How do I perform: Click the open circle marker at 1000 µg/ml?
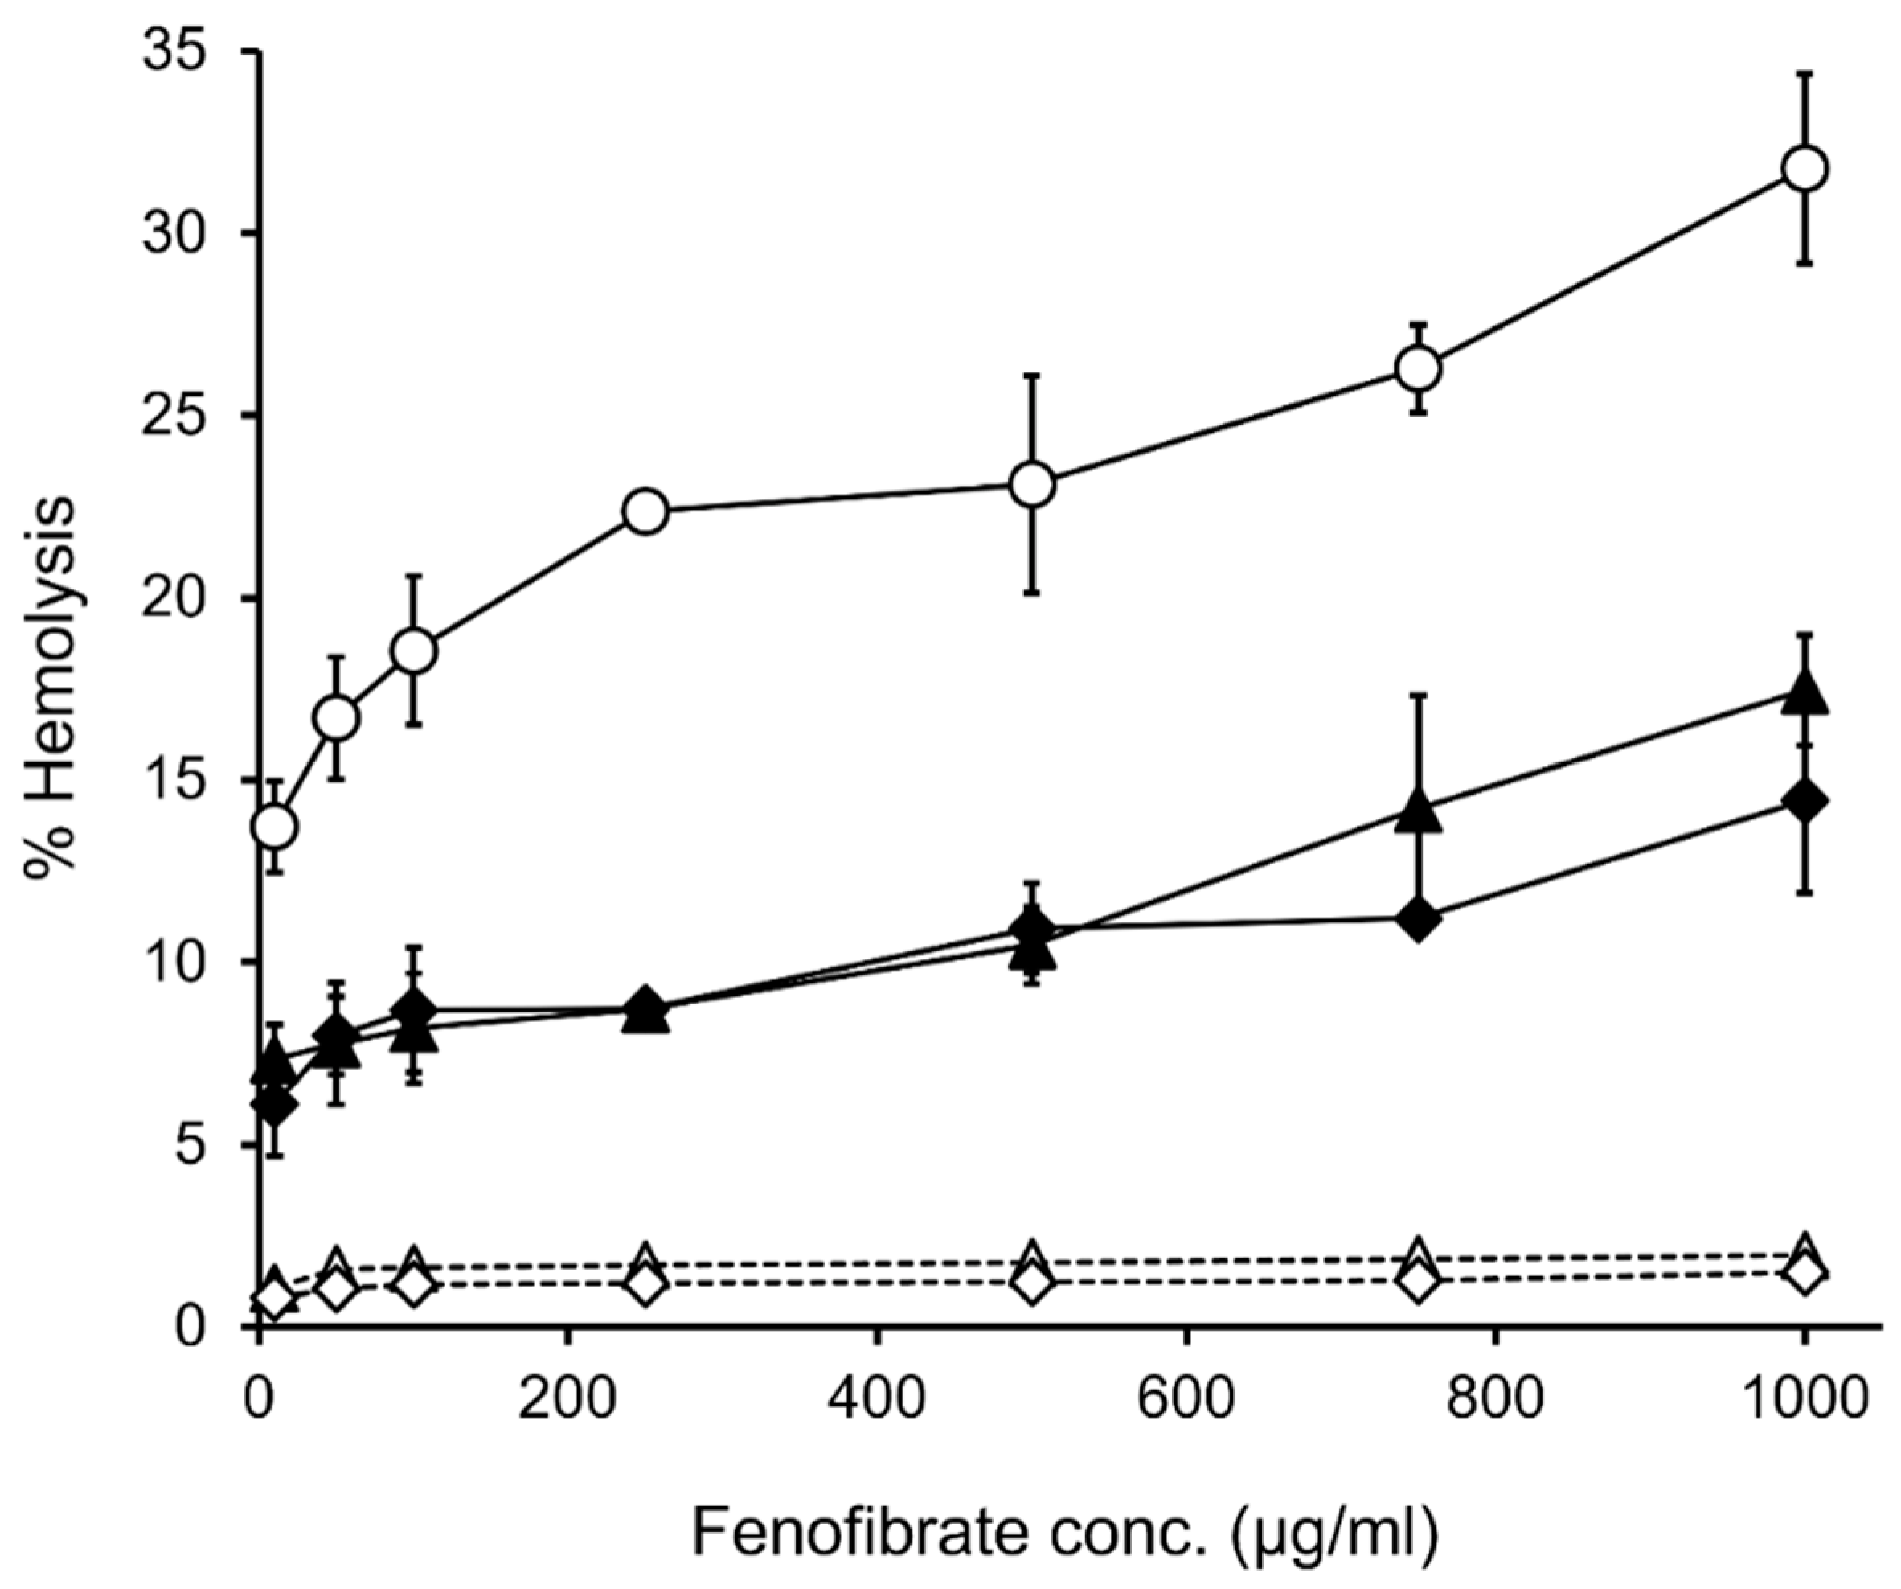[1804, 168]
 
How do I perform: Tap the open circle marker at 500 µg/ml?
[1032, 484]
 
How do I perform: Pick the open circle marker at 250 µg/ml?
[645, 511]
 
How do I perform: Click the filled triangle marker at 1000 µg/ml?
[1804, 696]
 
